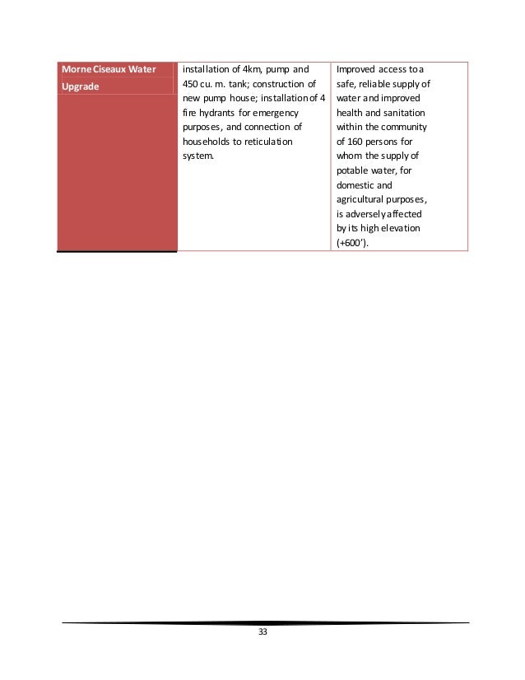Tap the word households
pos(206,141)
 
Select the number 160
pos(357,141)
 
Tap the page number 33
pos(263,632)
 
